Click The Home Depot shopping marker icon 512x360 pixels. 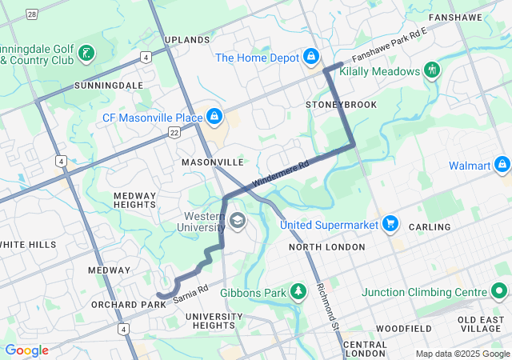pyautogui.click(x=310, y=58)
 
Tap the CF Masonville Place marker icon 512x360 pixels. pyautogui.click(x=214, y=118)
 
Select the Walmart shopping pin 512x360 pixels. pyautogui.click(x=502, y=166)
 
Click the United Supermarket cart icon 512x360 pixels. pyautogui.click(x=390, y=224)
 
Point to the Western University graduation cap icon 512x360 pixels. pyautogui.click(x=238, y=219)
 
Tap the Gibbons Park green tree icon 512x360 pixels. pyautogui.click(x=298, y=292)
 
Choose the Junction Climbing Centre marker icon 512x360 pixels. pyautogui.click(x=501, y=292)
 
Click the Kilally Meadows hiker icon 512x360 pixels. pyautogui.click(x=432, y=70)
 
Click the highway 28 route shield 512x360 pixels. pyautogui.click(x=31, y=14)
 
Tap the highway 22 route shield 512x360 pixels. pyautogui.click(x=174, y=134)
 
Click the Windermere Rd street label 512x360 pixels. pyautogui.click(x=280, y=175)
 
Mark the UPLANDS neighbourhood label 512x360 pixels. pyautogui.click(x=187, y=39)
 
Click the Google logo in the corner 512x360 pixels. pyautogui.click(x=26, y=350)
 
